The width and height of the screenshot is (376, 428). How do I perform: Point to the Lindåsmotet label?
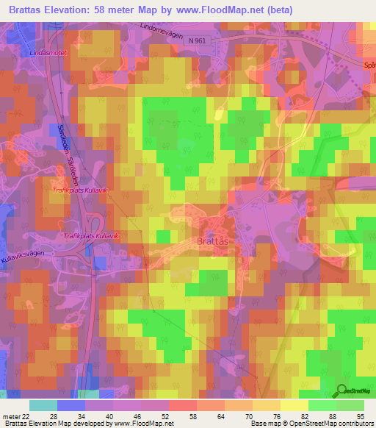pos(46,54)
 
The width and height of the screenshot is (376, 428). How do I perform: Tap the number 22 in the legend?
pos(27,416)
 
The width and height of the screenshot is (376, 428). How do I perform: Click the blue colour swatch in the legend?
pos(71,405)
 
